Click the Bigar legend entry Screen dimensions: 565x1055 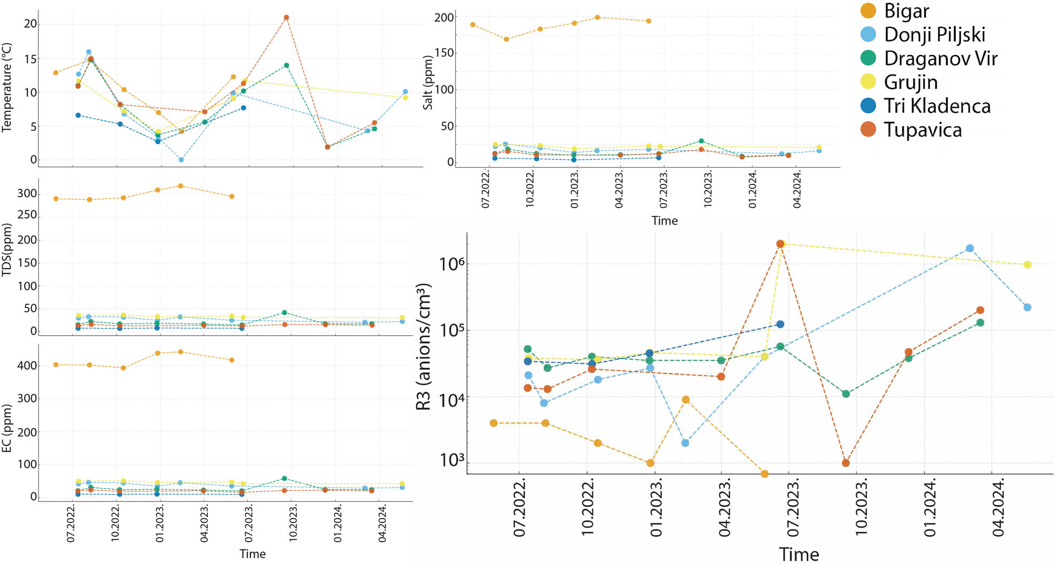tap(906, 11)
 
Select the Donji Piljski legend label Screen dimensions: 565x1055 tap(934, 35)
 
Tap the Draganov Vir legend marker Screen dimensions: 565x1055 tap(869, 58)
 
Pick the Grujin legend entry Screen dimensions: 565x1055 tap(910, 82)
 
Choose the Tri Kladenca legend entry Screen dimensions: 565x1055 tap(936, 106)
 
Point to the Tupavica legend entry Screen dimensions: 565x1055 tap(923, 130)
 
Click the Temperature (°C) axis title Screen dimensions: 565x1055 tap(7, 87)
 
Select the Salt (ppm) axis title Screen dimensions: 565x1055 tap(428, 83)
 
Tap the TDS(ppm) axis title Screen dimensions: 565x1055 tap(7, 250)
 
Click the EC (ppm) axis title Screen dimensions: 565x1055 tap(7, 428)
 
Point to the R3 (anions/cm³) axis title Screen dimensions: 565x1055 tap(424, 347)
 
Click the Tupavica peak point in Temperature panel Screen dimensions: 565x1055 tap(286, 18)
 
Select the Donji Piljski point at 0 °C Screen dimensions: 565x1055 tap(182, 160)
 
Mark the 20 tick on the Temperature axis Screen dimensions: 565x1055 tap(30, 24)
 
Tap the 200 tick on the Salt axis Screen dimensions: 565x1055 tap(444, 18)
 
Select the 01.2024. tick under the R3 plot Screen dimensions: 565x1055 tap(930, 508)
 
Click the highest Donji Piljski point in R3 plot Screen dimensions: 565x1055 tap(970, 249)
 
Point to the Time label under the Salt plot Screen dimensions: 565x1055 tap(665, 221)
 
